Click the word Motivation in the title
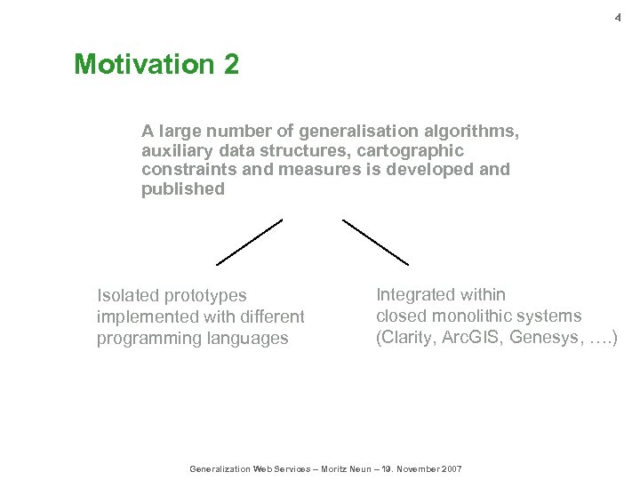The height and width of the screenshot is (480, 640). [143, 65]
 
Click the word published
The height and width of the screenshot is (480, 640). [183, 189]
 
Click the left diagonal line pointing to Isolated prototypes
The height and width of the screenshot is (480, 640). [250, 242]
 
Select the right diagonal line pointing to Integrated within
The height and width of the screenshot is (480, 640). [375, 242]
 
